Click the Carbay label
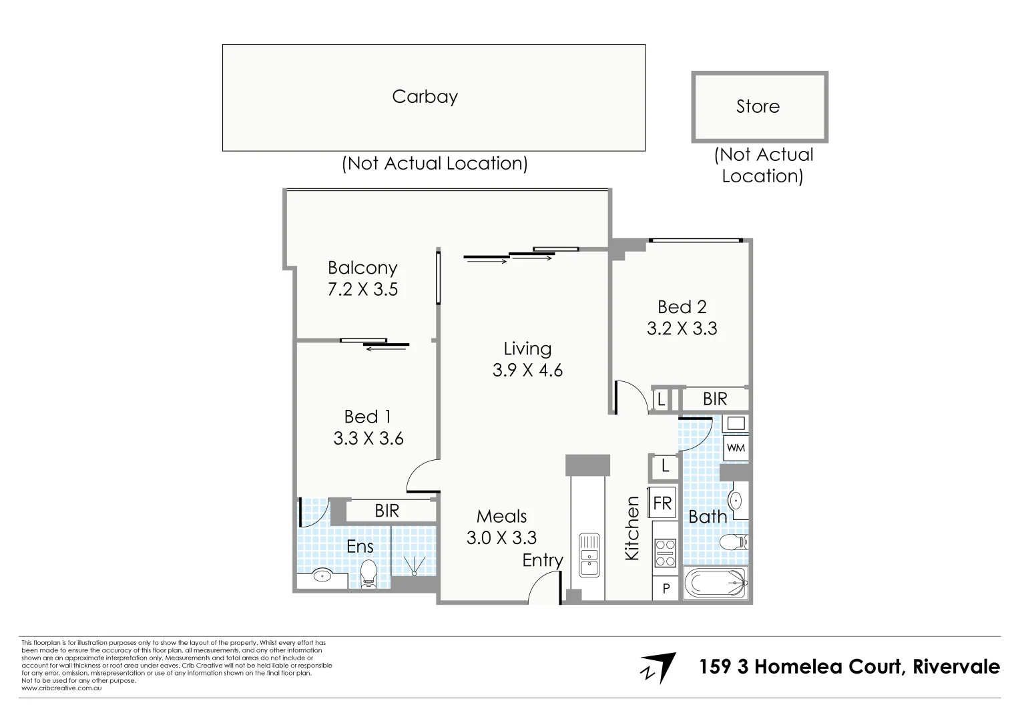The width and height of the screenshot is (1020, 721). (425, 97)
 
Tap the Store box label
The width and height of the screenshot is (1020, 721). (758, 106)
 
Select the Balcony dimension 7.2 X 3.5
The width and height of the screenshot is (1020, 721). (362, 289)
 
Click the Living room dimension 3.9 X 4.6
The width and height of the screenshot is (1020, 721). (527, 370)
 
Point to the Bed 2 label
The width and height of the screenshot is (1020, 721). (682, 306)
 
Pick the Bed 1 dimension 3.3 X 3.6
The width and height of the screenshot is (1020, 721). (368, 438)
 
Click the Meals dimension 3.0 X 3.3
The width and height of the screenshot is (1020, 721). (501, 537)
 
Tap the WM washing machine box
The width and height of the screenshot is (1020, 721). (736, 447)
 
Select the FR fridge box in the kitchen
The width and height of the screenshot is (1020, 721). (662, 503)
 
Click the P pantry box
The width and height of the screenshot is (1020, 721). (666, 589)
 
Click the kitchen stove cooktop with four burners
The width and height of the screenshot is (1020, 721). (665, 553)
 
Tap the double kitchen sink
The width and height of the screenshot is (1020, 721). (589, 554)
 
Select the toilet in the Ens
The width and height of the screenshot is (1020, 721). (368, 573)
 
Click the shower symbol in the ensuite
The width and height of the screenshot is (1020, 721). (415, 566)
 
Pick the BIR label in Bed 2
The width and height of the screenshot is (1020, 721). (715, 399)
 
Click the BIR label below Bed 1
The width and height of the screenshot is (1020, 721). (387, 511)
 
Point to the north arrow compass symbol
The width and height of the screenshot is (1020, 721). (659, 668)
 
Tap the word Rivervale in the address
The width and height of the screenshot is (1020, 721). (956, 666)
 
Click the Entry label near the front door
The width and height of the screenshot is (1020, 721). (542, 560)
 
